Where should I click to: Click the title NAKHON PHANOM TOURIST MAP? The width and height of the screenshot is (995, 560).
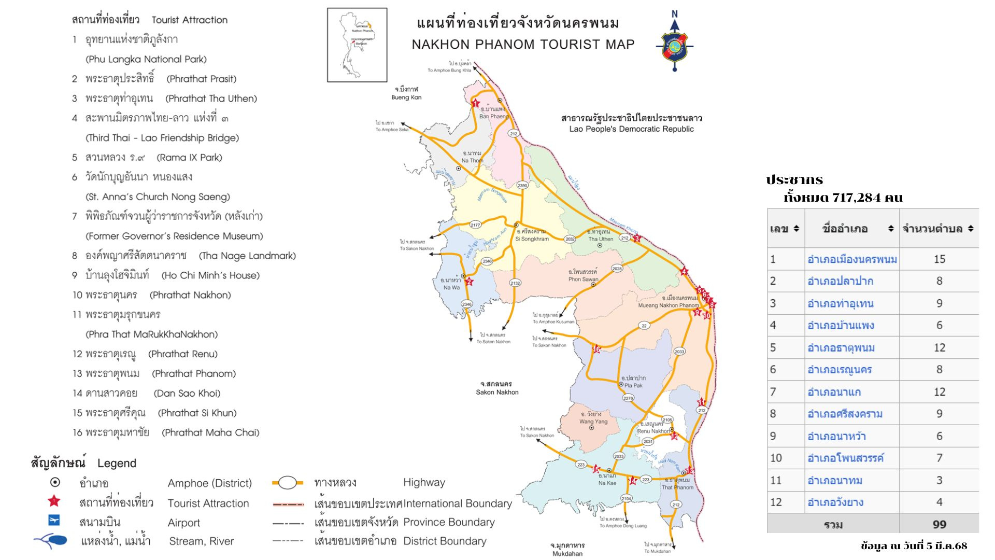pyautogui.click(x=523, y=45)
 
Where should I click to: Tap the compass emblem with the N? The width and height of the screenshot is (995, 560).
pyautogui.click(x=674, y=44)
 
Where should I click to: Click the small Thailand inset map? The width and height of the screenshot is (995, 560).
pyautogui.click(x=357, y=45)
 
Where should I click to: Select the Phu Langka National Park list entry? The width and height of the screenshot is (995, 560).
pyautogui.click(x=146, y=59)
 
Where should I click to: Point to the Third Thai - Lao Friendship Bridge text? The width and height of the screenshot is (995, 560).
pyautogui.click(x=162, y=138)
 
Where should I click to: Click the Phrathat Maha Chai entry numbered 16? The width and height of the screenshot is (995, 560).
pyautogui.click(x=210, y=432)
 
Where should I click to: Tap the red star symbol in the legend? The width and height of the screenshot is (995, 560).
pyautogui.click(x=54, y=501)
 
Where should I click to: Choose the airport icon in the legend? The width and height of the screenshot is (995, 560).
pyautogui.click(x=54, y=520)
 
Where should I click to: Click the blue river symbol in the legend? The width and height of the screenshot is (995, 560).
pyautogui.click(x=52, y=541)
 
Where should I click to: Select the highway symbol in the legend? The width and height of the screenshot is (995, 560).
pyautogui.click(x=288, y=483)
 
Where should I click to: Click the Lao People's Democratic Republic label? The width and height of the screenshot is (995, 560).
pyautogui.click(x=631, y=129)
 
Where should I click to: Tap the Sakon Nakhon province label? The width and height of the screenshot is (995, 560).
pyautogui.click(x=497, y=392)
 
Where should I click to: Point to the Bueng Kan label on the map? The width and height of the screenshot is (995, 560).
pyautogui.click(x=406, y=97)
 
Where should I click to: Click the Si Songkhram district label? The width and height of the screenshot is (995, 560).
pyautogui.click(x=532, y=239)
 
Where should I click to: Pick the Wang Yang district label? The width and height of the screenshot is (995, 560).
pyautogui.click(x=593, y=422)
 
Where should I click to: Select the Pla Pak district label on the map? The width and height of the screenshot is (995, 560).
pyautogui.click(x=633, y=385)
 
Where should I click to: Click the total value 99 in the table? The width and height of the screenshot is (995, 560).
pyautogui.click(x=939, y=524)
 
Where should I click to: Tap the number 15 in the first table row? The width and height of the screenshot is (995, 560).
pyautogui.click(x=939, y=259)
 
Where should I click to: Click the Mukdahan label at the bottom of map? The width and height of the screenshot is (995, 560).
pyautogui.click(x=567, y=553)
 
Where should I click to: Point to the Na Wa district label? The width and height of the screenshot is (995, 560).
pyautogui.click(x=451, y=287)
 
